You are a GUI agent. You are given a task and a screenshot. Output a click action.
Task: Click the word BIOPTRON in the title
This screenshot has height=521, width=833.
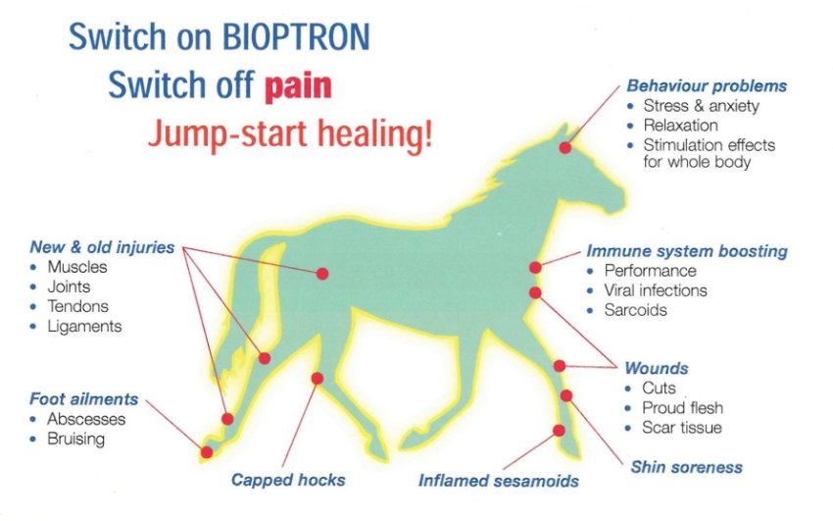tap(295, 36)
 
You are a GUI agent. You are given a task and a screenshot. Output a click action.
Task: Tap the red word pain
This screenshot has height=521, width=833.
tap(298, 85)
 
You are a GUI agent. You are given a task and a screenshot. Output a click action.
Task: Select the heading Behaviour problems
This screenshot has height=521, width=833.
tap(707, 85)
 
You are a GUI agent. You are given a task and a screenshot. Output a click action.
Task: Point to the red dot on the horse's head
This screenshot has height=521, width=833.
tap(565, 148)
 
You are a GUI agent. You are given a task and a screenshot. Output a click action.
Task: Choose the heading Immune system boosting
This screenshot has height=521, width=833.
tap(687, 251)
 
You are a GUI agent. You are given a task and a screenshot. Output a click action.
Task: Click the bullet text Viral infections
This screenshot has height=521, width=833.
tap(656, 290)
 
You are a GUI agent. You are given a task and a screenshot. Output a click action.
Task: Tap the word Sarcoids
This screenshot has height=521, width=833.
tap(635, 310)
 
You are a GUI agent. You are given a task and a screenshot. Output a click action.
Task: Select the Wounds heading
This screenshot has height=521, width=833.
tap(657, 368)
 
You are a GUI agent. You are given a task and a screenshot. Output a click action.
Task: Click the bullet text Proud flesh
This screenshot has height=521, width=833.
tap(683, 408)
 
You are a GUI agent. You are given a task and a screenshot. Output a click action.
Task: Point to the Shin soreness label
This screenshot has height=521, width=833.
tap(686, 467)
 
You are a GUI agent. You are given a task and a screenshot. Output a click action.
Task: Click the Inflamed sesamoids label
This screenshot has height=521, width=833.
tap(498, 481)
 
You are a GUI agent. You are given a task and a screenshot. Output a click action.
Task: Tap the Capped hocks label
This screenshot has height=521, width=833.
tap(288, 480)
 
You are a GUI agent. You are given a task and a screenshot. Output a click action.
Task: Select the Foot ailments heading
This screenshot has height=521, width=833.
tap(84, 398)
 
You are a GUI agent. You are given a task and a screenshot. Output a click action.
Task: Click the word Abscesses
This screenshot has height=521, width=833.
tap(86, 419)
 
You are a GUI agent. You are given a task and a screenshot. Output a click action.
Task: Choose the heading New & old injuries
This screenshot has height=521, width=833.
tap(102, 247)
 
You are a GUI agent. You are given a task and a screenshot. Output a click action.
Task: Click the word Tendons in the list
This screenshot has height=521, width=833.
tap(77, 306)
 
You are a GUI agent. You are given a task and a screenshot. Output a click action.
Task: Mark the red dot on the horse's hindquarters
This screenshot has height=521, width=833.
tap(322, 274)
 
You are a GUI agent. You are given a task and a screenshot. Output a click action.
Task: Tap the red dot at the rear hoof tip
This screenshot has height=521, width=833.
tap(207, 452)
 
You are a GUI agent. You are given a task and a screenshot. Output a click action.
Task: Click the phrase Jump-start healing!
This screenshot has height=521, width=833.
tap(291, 133)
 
